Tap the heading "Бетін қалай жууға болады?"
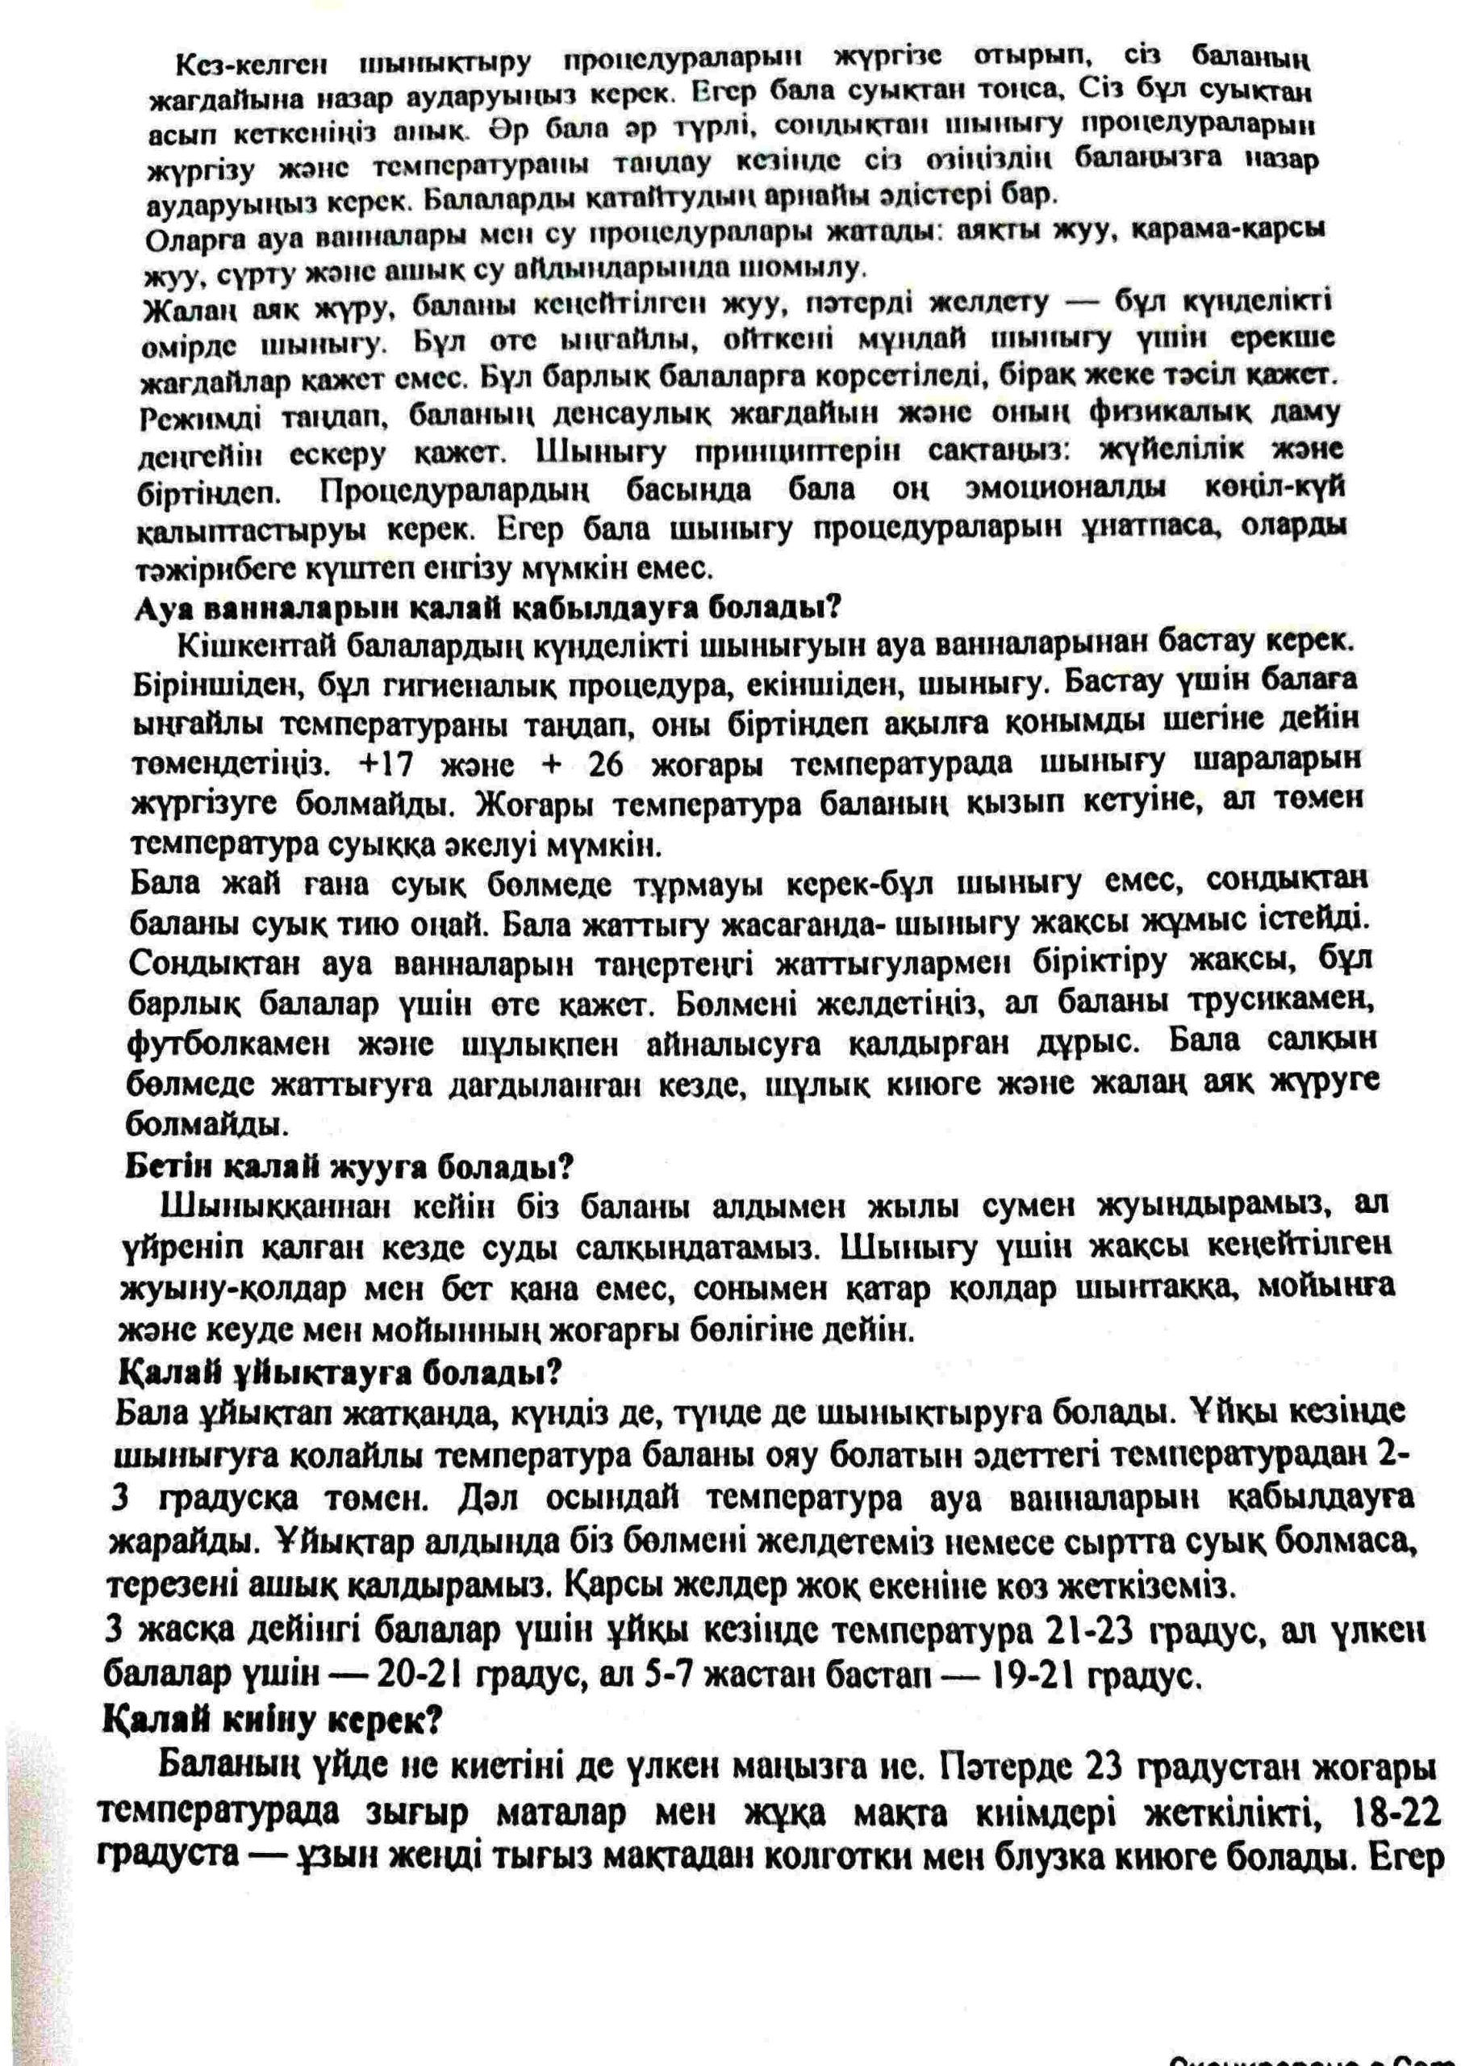(349, 1166)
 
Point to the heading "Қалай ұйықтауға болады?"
(341, 1372)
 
